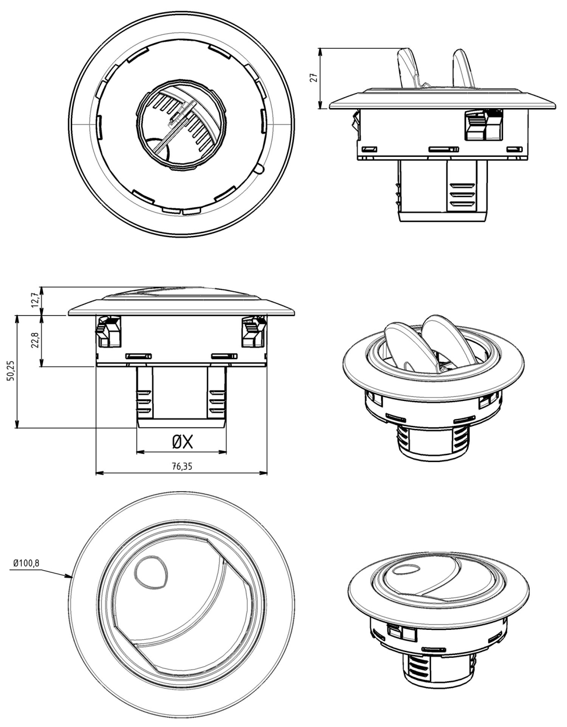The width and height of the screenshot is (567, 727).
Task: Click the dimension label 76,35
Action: click(182, 466)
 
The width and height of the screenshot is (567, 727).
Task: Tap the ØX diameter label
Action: click(182, 442)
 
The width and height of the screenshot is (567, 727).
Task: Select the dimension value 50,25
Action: click(11, 371)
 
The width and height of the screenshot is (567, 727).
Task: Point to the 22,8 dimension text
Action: click(35, 340)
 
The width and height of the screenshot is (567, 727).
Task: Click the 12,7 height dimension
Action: click(35, 301)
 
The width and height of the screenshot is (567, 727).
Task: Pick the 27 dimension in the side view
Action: click(314, 78)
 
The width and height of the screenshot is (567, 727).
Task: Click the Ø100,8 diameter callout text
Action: click(26, 563)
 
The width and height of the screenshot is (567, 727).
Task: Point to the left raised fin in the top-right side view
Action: click(407, 69)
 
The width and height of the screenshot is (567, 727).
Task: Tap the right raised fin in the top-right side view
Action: click(464, 69)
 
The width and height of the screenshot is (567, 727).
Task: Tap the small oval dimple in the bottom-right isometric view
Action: click(406, 570)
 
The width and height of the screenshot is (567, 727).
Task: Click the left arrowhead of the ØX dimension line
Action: click(140, 452)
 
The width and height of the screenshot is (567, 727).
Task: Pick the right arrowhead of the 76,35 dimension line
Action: click(264, 473)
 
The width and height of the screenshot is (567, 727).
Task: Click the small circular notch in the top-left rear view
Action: click(259, 169)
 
